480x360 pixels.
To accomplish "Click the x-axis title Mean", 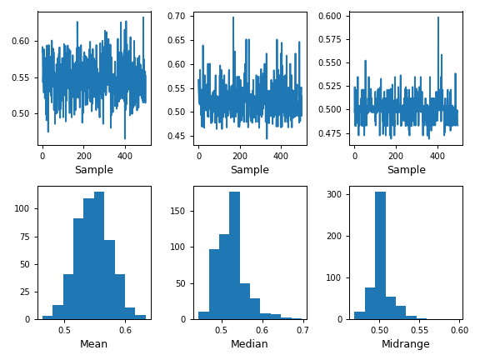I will (93, 344).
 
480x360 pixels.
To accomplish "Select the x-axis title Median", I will (250, 344).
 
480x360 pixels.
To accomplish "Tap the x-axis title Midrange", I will (406, 344).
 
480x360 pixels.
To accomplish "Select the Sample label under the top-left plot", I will (93, 170).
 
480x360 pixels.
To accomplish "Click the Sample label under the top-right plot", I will (406, 170).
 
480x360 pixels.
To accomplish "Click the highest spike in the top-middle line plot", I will (233, 17).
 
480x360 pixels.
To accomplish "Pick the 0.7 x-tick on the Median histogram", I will (302, 330).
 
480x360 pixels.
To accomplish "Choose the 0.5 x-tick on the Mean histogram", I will (64, 330).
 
